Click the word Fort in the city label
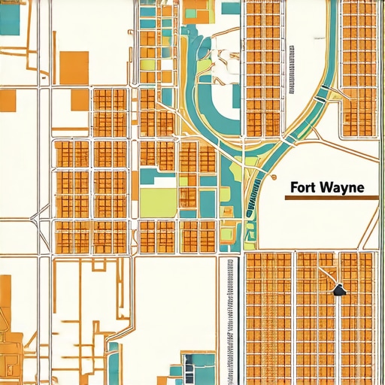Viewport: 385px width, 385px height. (303, 186)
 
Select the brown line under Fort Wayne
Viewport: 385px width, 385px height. (330, 197)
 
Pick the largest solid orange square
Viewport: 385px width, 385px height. (73, 66)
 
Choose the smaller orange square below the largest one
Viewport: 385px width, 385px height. (78, 100)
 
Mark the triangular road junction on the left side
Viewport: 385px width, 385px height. (35, 218)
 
